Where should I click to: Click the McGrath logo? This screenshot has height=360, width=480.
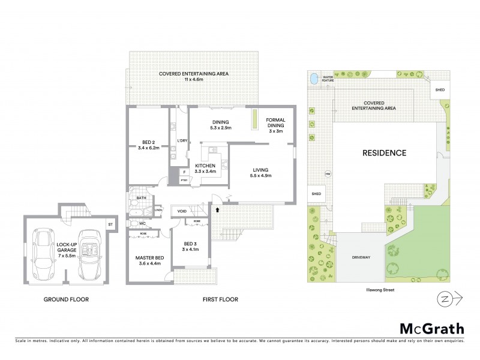pos(432,328)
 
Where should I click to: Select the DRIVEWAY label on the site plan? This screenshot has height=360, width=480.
pos(355,257)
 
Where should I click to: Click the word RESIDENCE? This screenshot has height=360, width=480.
pos(384,153)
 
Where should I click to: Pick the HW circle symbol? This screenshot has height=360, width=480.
pos(328,175)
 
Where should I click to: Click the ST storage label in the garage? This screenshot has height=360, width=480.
pos(110,224)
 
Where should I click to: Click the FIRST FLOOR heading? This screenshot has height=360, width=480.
pos(220,299)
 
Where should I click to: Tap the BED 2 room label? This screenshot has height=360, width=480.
pos(148,145)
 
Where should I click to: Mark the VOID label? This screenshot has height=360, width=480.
pos(182,211)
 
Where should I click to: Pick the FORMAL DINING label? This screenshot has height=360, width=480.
pos(276,125)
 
